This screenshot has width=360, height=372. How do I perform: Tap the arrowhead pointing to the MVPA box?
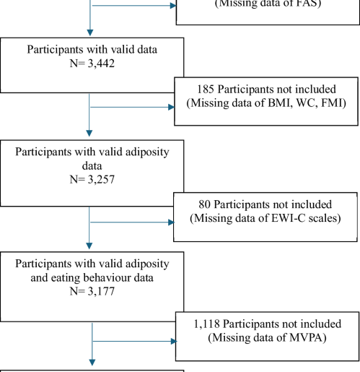tap(172, 340)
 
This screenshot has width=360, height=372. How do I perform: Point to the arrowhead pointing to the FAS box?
tap(172, 7)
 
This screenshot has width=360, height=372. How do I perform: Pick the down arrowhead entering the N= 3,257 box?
tap(90, 133)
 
